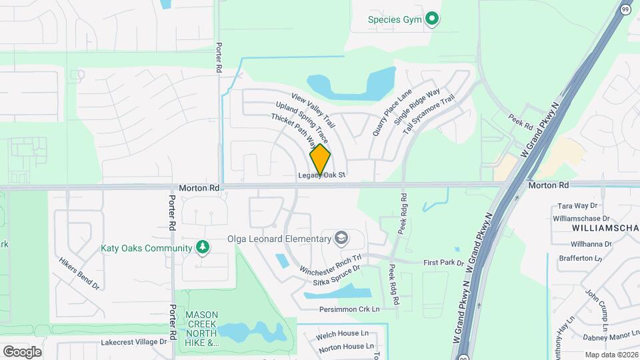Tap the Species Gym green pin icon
coord(432,19)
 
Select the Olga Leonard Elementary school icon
coord(341,239)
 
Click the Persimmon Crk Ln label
coord(349,309)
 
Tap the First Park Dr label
coord(443,263)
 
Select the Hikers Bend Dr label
coord(79,273)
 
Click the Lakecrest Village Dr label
coord(133,342)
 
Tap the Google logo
coord(22,351)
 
